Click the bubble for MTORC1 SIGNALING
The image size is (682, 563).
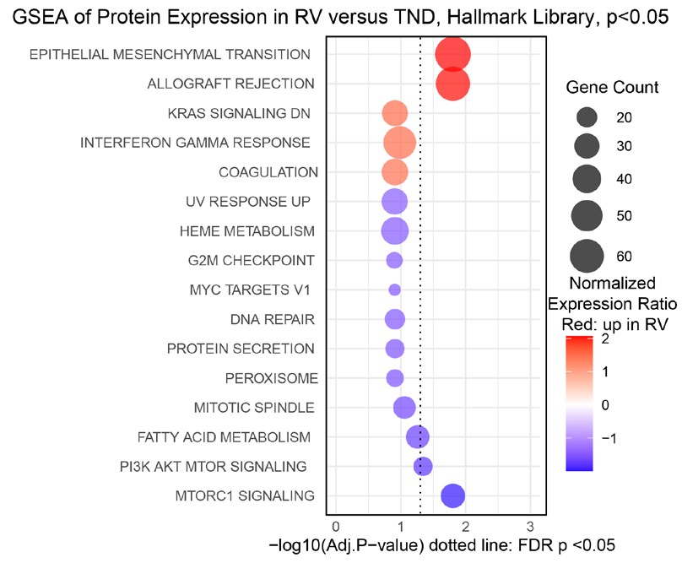452,495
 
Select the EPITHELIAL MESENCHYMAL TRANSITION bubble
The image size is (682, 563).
452,54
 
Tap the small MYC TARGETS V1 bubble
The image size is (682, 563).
394,290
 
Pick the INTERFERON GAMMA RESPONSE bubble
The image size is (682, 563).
400,143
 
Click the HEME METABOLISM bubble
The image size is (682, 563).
395,231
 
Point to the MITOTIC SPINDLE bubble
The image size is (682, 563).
404,408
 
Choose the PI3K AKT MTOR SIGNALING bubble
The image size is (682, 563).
423,467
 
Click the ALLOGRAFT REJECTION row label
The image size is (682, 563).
230,84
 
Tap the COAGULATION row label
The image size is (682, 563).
268,172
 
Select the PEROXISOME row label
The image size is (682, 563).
272,378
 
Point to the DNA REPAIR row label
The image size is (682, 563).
273,319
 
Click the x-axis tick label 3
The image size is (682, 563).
530,527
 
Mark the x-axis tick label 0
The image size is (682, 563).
336,527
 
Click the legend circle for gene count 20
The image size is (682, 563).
587,117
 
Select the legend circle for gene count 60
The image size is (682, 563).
587,257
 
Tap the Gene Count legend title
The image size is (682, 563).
612,88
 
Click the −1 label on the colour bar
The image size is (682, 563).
609,439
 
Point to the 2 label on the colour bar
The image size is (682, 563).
605,338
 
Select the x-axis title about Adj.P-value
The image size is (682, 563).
442,545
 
